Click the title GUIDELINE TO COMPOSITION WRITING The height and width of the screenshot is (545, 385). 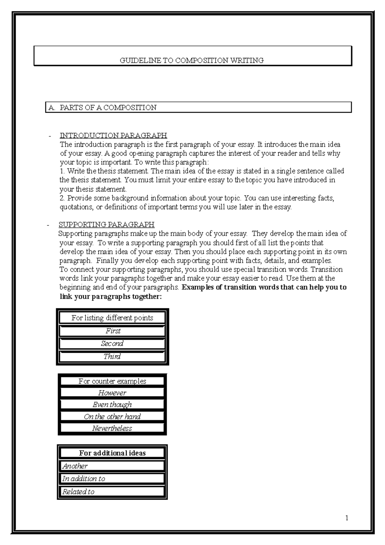click(192, 60)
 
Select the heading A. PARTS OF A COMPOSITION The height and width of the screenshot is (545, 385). click(102, 108)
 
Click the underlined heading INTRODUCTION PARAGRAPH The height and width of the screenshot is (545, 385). click(113, 135)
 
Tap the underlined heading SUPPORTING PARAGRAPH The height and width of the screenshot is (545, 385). click(107, 224)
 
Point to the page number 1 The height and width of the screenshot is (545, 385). click(347, 517)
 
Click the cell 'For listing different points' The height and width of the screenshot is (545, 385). click(112, 318)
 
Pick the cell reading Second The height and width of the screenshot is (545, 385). click(112, 343)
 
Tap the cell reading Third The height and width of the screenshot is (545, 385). click(112, 356)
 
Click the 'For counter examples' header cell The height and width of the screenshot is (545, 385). click(112, 381)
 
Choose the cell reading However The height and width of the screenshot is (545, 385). click(112, 393)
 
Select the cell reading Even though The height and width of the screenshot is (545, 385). click(112, 404)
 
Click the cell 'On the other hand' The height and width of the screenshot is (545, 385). click(112, 417)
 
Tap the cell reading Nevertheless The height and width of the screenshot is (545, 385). click(112, 428)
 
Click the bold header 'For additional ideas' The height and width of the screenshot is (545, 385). click(112, 453)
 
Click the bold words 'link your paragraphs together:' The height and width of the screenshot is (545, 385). click(111, 297)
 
